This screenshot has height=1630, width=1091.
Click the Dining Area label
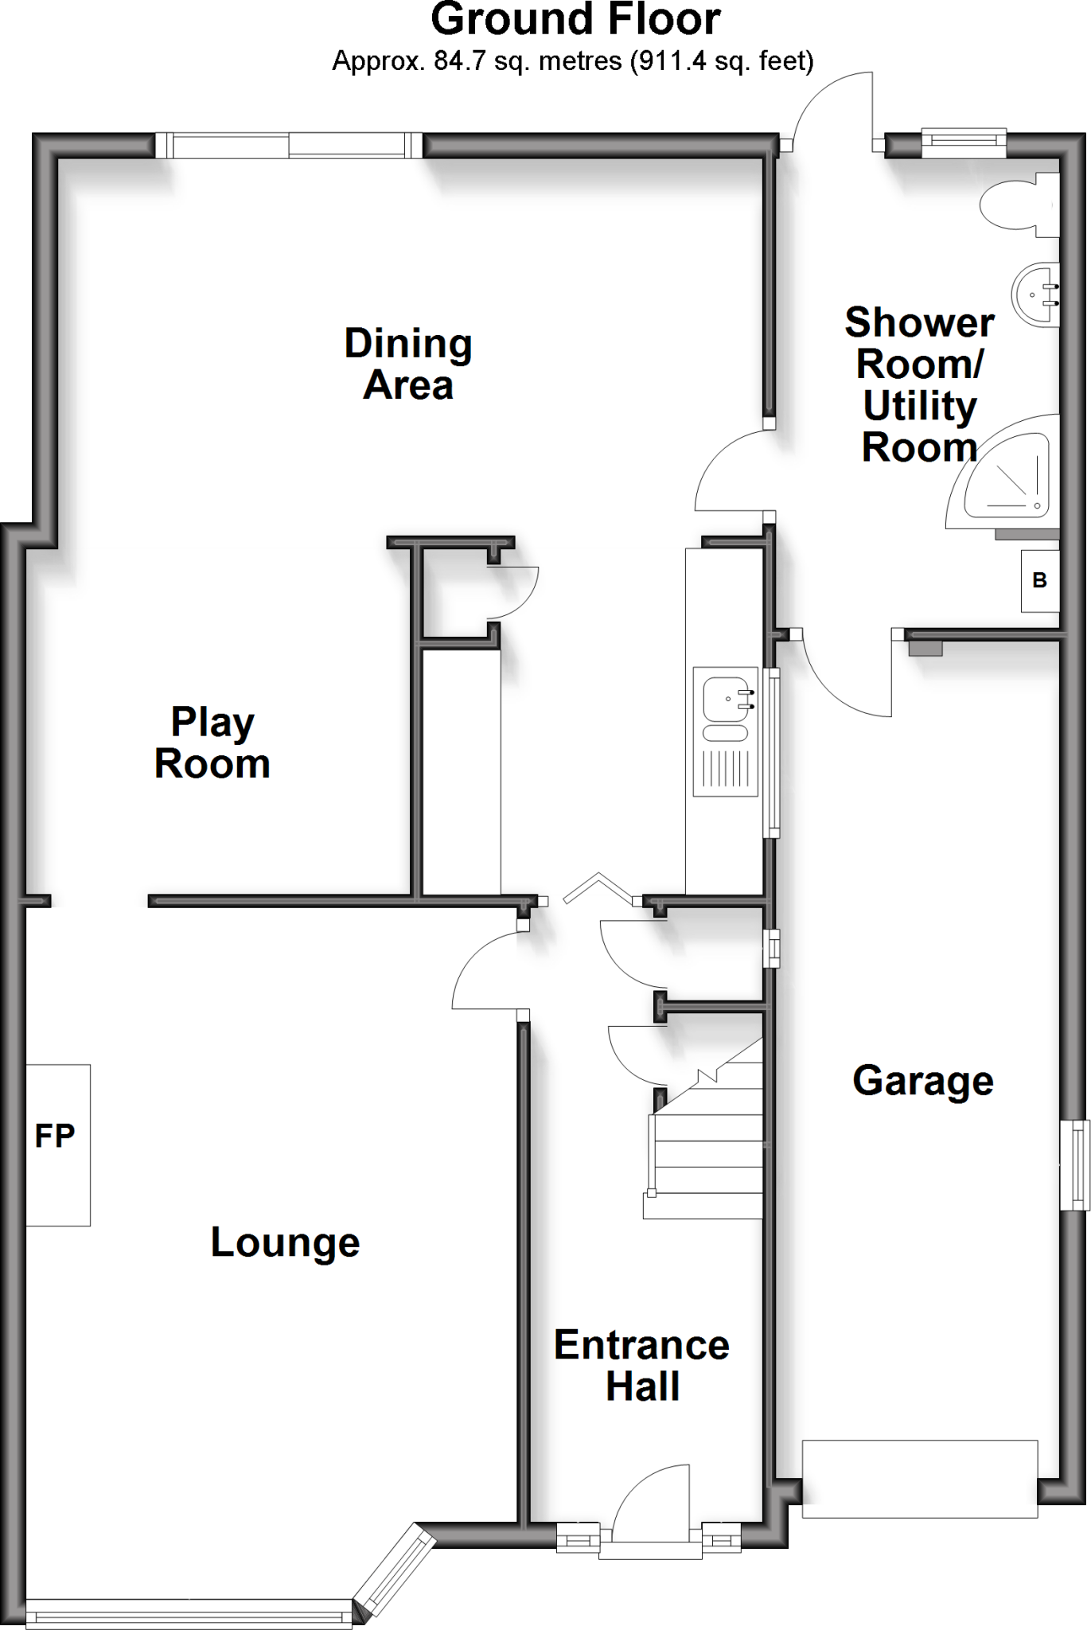tap(408, 365)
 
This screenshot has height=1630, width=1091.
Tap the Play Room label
tap(212, 743)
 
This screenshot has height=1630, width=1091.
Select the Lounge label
tap(285, 1242)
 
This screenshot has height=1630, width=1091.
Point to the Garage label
tap(923, 1081)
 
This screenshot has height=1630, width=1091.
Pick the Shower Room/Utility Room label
tap(919, 385)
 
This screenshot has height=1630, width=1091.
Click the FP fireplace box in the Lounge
tap(57, 1145)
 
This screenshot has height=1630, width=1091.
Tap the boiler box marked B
tap(1040, 581)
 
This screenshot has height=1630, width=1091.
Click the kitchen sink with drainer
tap(724, 731)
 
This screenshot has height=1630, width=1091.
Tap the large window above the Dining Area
tap(289, 146)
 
